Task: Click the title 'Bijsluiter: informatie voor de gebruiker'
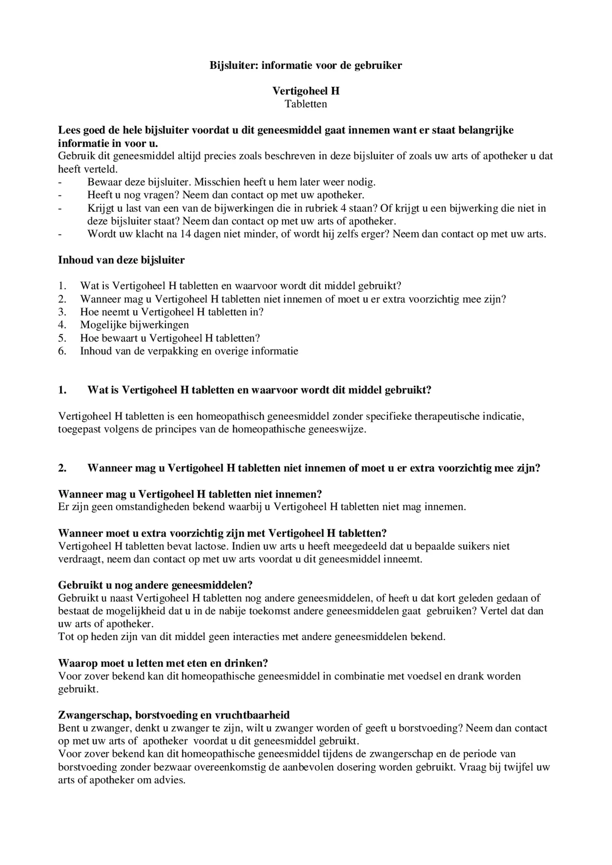(306, 65)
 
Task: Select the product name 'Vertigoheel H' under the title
(306, 91)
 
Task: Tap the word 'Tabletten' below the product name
(306, 104)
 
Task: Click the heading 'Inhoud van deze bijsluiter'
(121, 260)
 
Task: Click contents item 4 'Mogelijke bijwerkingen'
(134, 325)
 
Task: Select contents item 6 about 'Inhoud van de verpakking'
(189, 351)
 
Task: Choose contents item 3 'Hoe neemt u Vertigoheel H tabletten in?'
(172, 312)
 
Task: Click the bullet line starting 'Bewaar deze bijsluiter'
(231, 182)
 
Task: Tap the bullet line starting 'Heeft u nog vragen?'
(225, 195)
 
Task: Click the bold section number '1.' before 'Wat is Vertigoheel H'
(62, 390)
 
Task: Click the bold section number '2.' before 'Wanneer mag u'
(62, 468)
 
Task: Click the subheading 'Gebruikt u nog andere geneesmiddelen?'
(155, 585)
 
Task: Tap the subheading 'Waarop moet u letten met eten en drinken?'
(163, 663)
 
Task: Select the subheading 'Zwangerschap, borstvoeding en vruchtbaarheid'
(174, 715)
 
